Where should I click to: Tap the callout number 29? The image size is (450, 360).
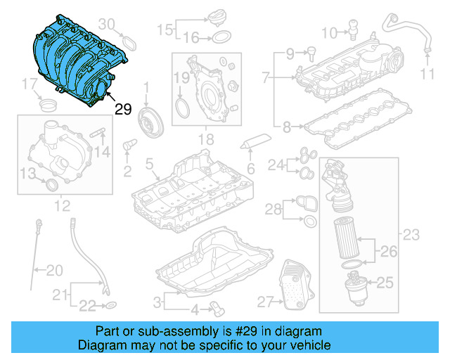click(x=123, y=110)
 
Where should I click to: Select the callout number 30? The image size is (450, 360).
click(x=106, y=23)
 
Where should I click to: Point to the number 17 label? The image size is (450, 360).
click(x=27, y=85)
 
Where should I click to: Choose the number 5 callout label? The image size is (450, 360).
click(x=148, y=163)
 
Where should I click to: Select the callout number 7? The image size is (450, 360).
click(x=265, y=75)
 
